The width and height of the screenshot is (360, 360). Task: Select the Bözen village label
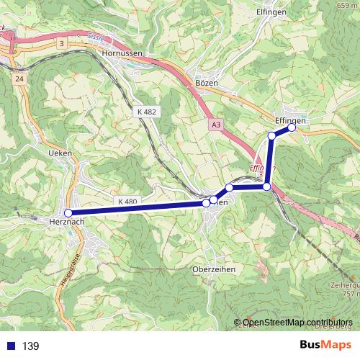coord(207,84)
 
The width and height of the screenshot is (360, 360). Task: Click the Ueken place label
coord(59,154)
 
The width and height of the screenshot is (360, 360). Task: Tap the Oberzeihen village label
coord(215,269)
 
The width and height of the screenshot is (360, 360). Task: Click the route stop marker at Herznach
coord(68,213)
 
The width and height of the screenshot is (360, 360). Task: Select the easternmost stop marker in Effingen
coord(292,127)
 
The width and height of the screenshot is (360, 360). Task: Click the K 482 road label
coord(145,112)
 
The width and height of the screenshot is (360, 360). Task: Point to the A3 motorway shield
coord(216,125)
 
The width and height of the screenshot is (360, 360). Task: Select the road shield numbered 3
coord(63,44)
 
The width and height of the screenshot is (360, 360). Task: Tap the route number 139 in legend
coord(31,346)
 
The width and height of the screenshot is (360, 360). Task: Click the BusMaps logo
coord(327,345)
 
